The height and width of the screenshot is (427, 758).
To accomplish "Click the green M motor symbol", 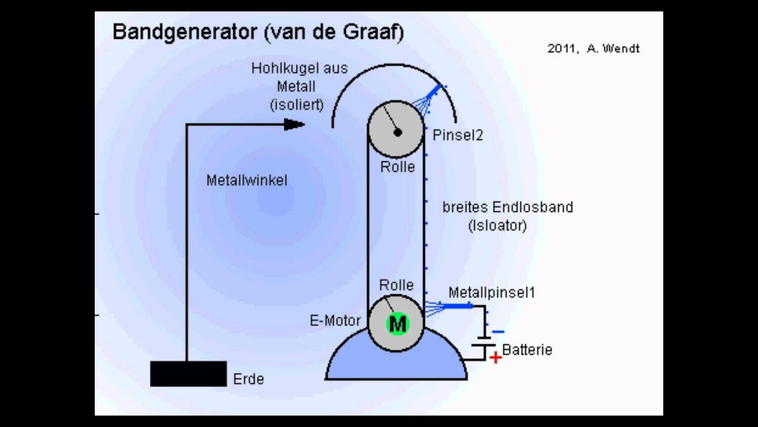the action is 397,324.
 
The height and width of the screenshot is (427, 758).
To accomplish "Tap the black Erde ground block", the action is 188,374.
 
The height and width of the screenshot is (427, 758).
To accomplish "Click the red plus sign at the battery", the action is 496,358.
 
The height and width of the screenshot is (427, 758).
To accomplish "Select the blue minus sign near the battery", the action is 498,332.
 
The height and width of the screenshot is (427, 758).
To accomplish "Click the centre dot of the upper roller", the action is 397,132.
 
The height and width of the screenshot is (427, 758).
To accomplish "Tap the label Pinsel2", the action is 458,135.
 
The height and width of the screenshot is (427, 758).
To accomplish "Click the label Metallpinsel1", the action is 492,292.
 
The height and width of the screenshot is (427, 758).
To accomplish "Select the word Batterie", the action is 527,350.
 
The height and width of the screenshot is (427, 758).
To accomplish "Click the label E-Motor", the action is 335,321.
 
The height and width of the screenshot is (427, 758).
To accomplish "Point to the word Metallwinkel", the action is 247,180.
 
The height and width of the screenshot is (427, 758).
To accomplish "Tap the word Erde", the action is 248,379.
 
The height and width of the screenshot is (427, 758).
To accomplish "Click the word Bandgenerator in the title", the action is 185,32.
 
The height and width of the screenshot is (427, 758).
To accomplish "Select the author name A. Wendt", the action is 613,49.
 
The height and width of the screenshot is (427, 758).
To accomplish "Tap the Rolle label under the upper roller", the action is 397,167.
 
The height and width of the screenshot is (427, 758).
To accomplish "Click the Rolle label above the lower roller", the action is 396,285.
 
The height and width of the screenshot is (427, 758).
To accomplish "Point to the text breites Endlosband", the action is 508,207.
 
